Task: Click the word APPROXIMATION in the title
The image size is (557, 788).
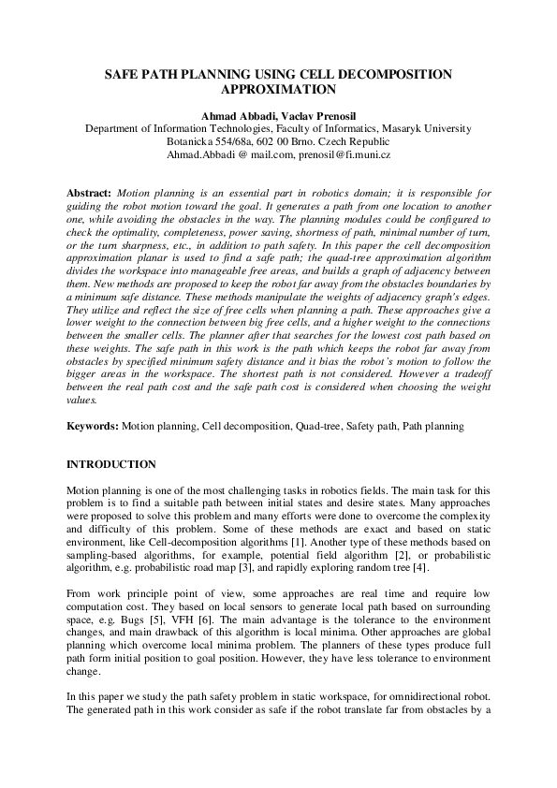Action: (278, 91)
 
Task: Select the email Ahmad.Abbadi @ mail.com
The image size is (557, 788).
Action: (220, 153)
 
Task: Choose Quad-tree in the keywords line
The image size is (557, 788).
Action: (319, 426)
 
